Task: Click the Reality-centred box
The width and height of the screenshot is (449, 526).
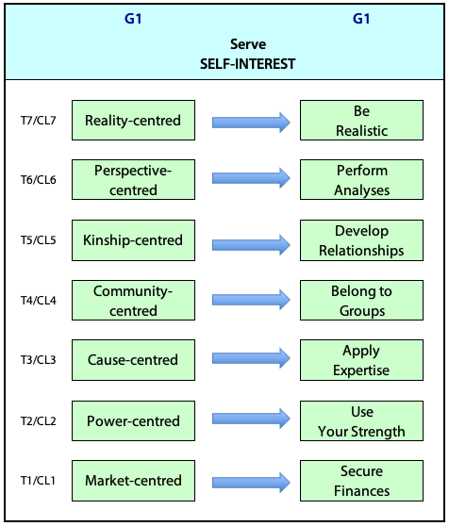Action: coord(133,120)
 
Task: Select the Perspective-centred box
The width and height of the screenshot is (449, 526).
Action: coord(133,180)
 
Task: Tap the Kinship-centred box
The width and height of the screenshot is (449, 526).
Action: coord(133,240)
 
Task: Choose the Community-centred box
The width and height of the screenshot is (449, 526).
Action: coord(133,301)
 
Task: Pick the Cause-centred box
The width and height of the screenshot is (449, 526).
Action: coord(133,360)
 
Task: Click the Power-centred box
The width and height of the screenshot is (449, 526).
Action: coord(133,420)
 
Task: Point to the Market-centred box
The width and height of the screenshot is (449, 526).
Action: coord(133,481)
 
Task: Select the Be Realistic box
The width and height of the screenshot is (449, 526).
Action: coord(362,120)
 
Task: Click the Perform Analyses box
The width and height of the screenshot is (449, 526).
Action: coord(362,180)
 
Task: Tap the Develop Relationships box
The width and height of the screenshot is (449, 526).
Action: coord(362,240)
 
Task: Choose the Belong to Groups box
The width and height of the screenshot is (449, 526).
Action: coord(362,301)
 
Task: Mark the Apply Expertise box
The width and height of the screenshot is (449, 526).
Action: coord(362,360)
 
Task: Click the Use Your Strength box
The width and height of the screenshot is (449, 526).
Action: coord(362,420)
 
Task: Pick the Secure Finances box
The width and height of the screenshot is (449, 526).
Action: coord(362,481)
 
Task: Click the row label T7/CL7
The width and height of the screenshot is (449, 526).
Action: coord(39,120)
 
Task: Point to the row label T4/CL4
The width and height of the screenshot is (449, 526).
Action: coord(39,301)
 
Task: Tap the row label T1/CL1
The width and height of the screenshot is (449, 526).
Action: coord(38,481)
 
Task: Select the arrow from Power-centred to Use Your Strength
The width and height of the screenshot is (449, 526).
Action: coord(251,419)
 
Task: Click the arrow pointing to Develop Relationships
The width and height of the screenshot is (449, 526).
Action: coord(251,245)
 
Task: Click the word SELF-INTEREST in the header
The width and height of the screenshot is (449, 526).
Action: coord(248,64)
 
